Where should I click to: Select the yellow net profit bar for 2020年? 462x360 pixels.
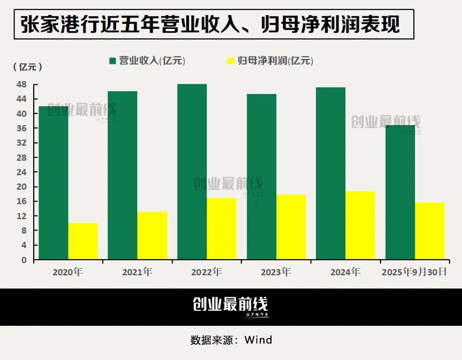point(83,241)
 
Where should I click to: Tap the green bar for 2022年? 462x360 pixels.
point(192,171)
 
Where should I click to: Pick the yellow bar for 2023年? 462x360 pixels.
point(291,227)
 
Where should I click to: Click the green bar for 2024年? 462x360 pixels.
point(330,173)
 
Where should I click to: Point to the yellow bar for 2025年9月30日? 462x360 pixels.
point(429,231)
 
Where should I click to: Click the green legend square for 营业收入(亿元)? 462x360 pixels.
point(112,61)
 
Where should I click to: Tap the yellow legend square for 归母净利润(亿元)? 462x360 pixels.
point(231,61)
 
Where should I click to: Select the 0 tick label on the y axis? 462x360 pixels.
point(24,260)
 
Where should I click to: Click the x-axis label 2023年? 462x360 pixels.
point(275,272)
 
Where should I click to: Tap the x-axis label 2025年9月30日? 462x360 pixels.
point(413,272)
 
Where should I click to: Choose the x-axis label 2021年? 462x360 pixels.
point(137,272)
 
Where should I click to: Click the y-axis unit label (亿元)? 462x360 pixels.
point(27,67)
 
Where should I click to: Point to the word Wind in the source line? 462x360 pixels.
point(258,340)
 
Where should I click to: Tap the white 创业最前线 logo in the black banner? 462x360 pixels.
point(230,306)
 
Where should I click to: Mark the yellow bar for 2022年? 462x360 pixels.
point(221,228)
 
